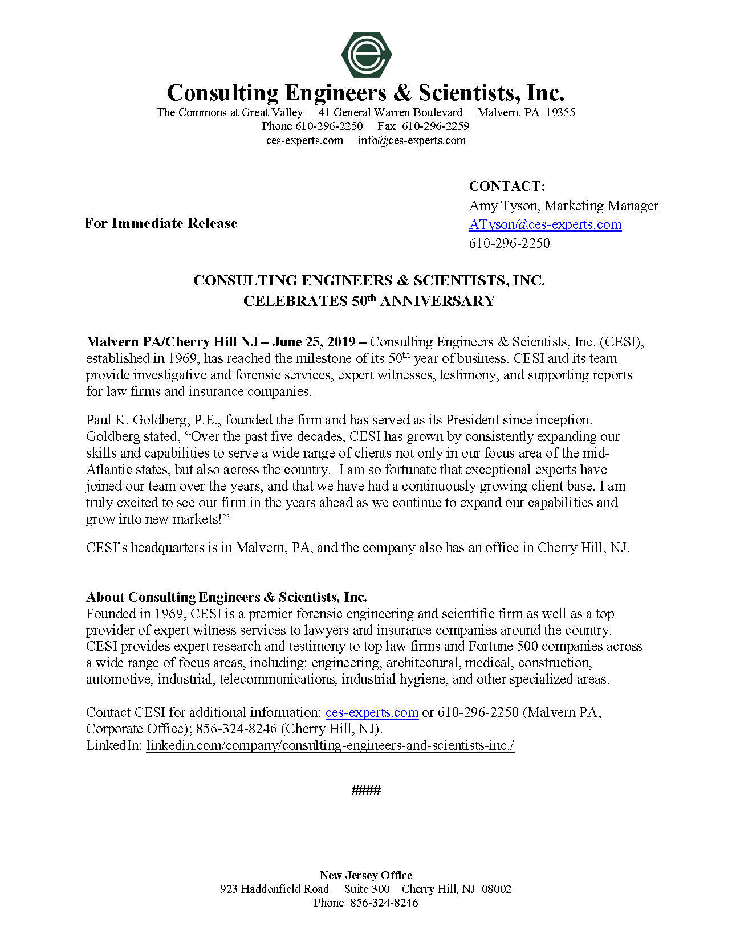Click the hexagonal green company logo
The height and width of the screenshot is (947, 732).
coord(366,55)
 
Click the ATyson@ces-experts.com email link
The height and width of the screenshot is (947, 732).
coord(545,224)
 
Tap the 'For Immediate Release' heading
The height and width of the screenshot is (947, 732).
coord(161,223)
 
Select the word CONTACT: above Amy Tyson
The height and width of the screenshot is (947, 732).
coord(507,186)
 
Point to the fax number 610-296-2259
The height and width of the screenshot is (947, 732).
coord(436,126)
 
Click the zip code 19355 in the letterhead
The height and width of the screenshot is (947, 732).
coord(560,112)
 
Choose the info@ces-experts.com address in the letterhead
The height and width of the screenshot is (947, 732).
coord(412,140)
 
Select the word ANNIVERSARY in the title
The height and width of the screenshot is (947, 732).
coord(437,301)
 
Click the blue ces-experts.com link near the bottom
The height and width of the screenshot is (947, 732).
coord(372,712)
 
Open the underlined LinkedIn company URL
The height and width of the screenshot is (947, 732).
coord(330,745)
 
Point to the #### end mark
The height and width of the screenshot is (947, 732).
coord(366,790)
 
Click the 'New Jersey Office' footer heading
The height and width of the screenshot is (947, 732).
coord(366,875)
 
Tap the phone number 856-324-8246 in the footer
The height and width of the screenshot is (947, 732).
coord(384,903)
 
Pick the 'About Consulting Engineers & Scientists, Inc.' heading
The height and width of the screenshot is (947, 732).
coord(226,597)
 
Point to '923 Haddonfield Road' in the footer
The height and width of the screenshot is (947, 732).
coord(274,889)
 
